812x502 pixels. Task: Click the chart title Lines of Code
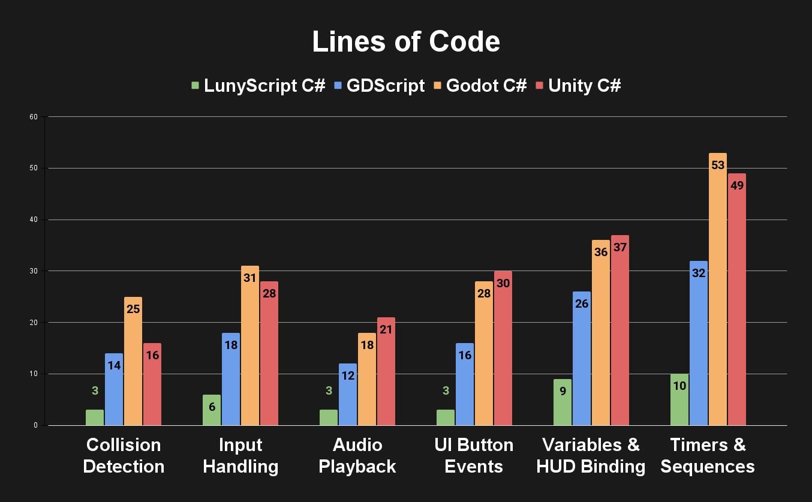[x=406, y=42]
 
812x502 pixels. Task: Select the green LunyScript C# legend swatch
[x=195, y=86]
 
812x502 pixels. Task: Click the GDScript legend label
[x=385, y=86]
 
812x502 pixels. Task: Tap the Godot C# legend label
[x=486, y=86]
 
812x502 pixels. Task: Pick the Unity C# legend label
[x=584, y=86]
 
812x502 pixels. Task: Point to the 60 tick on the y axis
[x=34, y=117]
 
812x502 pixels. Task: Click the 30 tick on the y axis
[x=34, y=271]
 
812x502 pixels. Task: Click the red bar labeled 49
[x=737, y=300]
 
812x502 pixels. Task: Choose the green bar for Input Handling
[x=212, y=410]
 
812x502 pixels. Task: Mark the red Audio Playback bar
[x=386, y=372]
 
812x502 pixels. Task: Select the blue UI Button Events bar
[x=465, y=384]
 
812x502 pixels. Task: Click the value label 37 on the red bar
[x=619, y=247]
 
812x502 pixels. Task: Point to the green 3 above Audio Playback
[x=329, y=391]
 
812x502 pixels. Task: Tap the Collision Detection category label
[x=124, y=456]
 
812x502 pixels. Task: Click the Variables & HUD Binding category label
[x=591, y=456]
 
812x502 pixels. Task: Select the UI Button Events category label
[x=474, y=456]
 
